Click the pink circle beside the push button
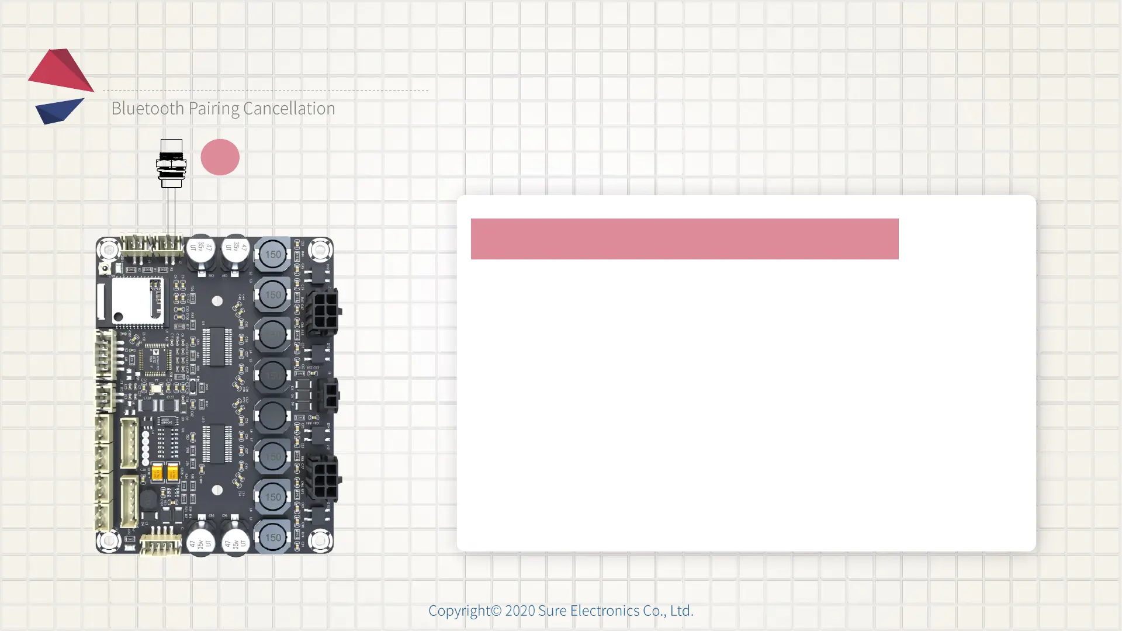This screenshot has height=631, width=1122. (x=220, y=157)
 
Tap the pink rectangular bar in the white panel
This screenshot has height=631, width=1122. (x=684, y=239)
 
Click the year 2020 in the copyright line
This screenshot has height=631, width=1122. (x=520, y=611)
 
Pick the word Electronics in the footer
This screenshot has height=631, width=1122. (x=604, y=611)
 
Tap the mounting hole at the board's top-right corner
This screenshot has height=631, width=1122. (x=320, y=251)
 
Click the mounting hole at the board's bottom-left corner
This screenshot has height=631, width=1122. (x=109, y=540)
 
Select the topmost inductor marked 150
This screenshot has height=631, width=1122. (x=272, y=255)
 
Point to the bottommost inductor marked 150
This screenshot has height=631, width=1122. (x=272, y=538)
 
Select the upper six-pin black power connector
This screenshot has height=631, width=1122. (x=324, y=311)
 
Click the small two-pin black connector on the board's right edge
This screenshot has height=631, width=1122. (x=330, y=396)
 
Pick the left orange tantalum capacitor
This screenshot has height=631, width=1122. (x=157, y=472)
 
